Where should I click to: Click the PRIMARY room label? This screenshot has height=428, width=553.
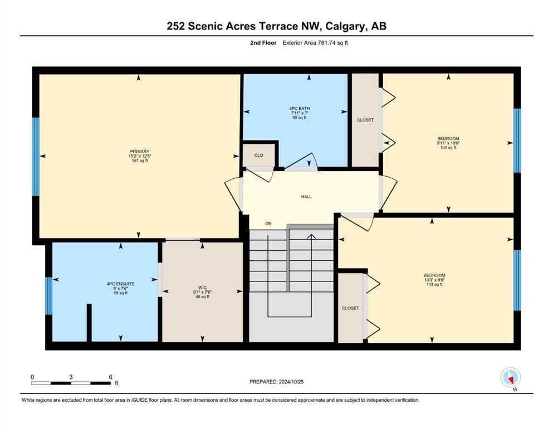(x=140, y=152)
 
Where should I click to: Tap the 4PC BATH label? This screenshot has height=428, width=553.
(x=300, y=108)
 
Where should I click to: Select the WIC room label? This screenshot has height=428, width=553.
(x=203, y=288)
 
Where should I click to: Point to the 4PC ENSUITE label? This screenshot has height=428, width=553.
(x=120, y=284)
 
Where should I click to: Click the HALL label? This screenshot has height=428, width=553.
(x=306, y=197)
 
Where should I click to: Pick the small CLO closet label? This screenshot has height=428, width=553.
(x=258, y=155)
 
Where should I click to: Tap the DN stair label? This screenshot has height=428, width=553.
(x=268, y=223)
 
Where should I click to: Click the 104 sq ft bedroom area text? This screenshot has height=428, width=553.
(x=448, y=148)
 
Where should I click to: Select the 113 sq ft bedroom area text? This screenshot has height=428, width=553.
(x=434, y=284)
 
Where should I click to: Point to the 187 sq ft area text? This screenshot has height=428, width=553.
(x=140, y=160)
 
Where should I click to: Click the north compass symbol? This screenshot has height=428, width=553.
(x=510, y=378)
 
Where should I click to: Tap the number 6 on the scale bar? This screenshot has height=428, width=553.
(x=110, y=377)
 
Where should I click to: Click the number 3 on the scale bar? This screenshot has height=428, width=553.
(x=71, y=377)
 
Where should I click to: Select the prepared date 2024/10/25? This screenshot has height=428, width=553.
(x=291, y=382)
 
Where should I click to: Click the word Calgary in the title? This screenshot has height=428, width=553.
(x=345, y=26)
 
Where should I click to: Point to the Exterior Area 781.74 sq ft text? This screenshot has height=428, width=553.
(x=315, y=43)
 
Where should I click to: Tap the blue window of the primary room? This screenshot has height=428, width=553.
(x=36, y=157)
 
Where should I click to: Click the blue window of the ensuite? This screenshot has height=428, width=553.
(x=48, y=296)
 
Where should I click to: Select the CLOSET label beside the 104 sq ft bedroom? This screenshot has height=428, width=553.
(x=365, y=120)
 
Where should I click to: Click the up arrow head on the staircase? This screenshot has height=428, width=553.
(x=311, y=237)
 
